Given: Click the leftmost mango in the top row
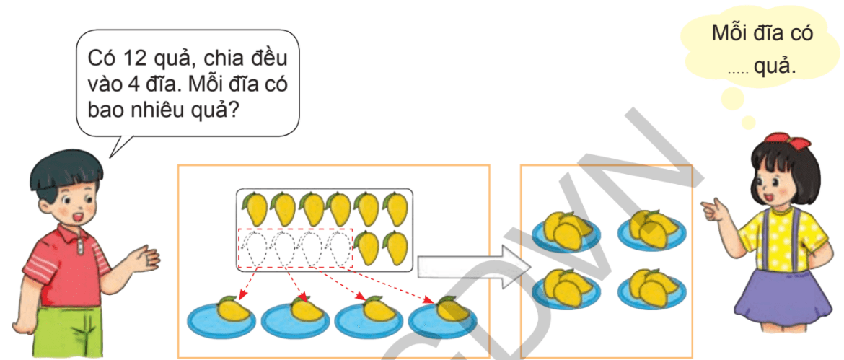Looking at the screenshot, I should pos(254,208).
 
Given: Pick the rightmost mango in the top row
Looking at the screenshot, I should pos(396,208).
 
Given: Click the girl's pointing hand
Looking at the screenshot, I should pos(713,211).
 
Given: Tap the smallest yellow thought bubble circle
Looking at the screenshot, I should pos(749,123).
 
